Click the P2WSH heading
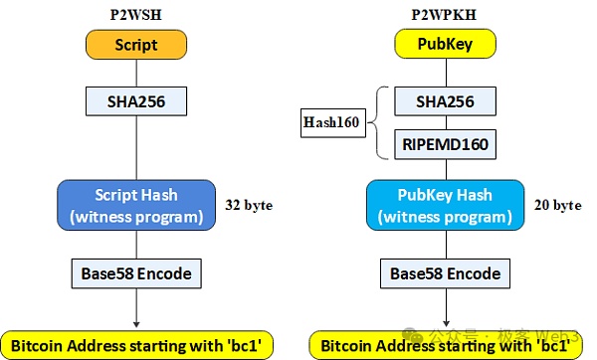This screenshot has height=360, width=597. [136, 14]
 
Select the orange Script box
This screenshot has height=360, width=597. [136, 45]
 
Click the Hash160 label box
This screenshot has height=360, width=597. [331, 123]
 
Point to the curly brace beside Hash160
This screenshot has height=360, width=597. [376, 123]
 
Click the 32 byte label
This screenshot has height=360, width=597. [250, 206]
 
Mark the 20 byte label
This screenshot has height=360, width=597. [557, 206]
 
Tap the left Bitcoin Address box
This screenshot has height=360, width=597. [136, 345]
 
